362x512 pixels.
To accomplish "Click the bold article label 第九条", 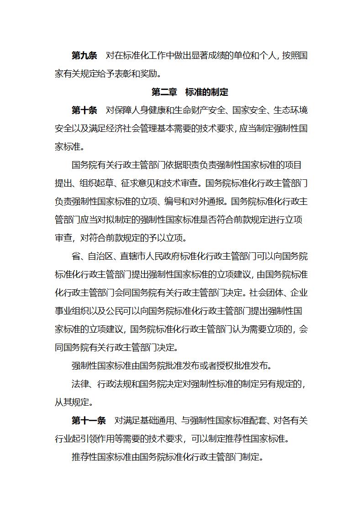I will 84,56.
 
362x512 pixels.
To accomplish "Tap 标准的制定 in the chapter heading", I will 207,92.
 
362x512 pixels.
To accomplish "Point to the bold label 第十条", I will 84,110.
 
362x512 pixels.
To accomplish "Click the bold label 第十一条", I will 89,421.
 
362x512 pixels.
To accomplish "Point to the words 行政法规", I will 119,384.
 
